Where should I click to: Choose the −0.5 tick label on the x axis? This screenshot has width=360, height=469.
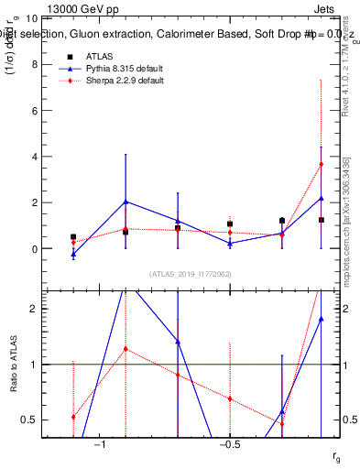[230, 444]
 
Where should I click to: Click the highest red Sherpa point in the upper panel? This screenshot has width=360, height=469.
[321, 164]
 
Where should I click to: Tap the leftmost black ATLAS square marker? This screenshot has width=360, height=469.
[73, 236]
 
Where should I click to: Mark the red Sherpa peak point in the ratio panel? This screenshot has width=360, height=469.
[125, 349]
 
